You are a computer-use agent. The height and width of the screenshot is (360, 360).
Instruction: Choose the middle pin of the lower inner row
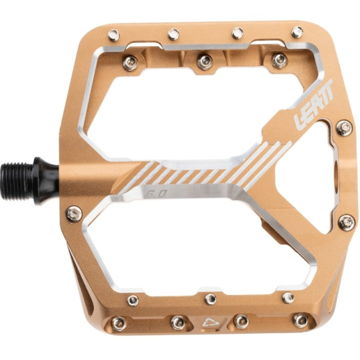[x=210, y=298]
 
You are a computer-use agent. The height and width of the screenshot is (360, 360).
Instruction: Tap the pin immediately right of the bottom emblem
[x=240, y=321]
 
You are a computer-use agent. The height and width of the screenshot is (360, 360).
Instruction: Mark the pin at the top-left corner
[x=113, y=34]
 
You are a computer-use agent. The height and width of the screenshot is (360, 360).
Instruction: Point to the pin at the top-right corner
[x=297, y=32]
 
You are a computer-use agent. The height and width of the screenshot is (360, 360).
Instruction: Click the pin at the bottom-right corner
[x=300, y=320]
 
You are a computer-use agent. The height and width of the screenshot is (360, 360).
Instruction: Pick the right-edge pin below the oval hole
[x=345, y=223]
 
